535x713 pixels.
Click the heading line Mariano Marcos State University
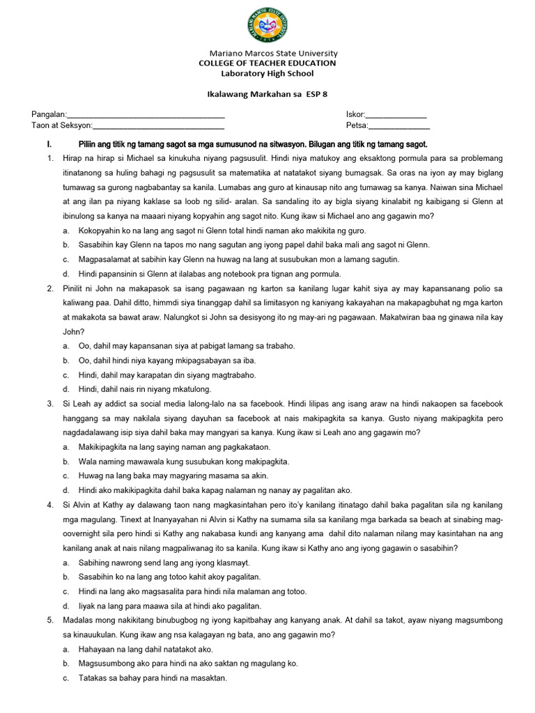click(x=273, y=53)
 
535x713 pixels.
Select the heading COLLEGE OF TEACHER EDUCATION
click(x=267, y=63)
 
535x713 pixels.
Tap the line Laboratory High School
click(x=267, y=74)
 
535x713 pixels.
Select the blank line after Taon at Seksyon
click(x=158, y=126)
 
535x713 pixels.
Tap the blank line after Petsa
click(x=398, y=126)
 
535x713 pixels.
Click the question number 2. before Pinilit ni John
click(x=50, y=288)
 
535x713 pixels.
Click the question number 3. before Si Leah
click(x=50, y=404)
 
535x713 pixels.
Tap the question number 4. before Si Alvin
click(x=50, y=504)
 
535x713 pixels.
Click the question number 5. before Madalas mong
click(x=50, y=620)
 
